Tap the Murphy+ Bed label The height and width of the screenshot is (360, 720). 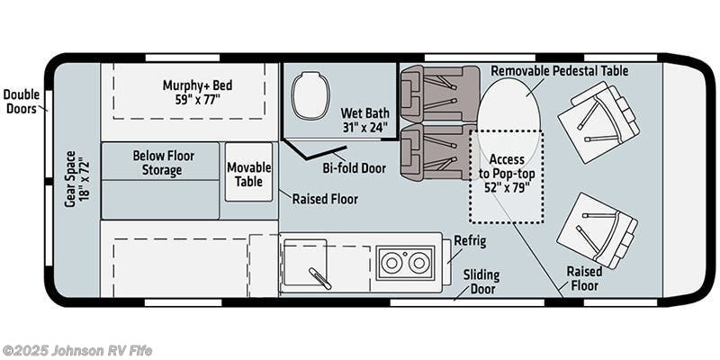pos(197,92)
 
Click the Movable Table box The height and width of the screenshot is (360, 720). pos(248,167)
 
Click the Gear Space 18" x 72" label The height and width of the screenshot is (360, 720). pos(76,183)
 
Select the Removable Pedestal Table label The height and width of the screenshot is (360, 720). pos(559,70)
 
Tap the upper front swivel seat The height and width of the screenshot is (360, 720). pos(597,121)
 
